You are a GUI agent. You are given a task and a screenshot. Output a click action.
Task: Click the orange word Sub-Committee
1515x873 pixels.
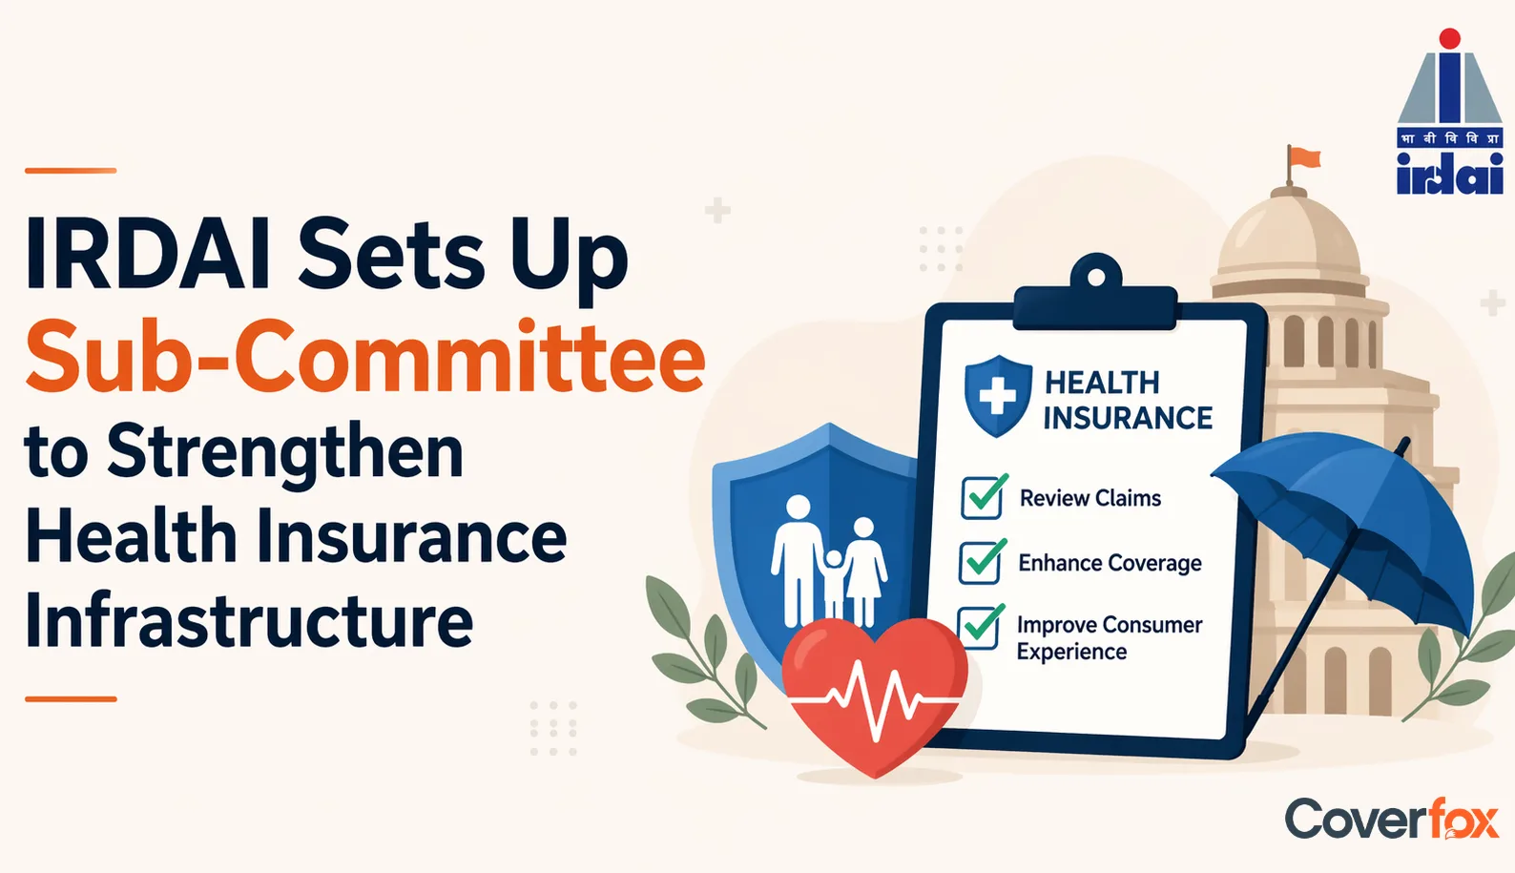[x=364, y=359]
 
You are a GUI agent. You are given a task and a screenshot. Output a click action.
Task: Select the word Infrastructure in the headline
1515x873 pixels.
[x=249, y=620]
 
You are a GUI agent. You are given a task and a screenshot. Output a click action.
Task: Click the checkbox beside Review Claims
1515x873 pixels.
[x=983, y=497]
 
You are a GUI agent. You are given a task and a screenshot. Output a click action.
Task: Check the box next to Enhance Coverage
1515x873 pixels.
[x=981, y=562]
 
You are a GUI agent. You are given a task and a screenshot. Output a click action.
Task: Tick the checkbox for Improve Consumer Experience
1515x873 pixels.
[x=980, y=627]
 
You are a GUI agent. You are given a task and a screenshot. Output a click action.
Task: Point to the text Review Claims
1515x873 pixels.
[x=1090, y=498]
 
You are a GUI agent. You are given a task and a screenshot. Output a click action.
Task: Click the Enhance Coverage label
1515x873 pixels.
[x=1110, y=563]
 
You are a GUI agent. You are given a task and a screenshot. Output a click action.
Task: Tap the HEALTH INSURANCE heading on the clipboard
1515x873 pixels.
[x=1127, y=400]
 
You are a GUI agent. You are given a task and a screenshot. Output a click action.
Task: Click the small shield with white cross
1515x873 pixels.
[x=998, y=395]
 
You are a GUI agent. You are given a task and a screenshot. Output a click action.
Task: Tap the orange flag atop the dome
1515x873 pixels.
[x=1304, y=157]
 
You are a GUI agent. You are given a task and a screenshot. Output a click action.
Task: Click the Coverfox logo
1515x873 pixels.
[x=1391, y=819]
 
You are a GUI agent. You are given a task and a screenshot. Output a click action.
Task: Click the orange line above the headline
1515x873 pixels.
[x=71, y=171]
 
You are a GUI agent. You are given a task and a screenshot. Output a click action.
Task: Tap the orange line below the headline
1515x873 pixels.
[x=71, y=699]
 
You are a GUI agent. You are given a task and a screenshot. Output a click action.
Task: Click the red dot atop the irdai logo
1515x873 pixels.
[x=1449, y=38]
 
